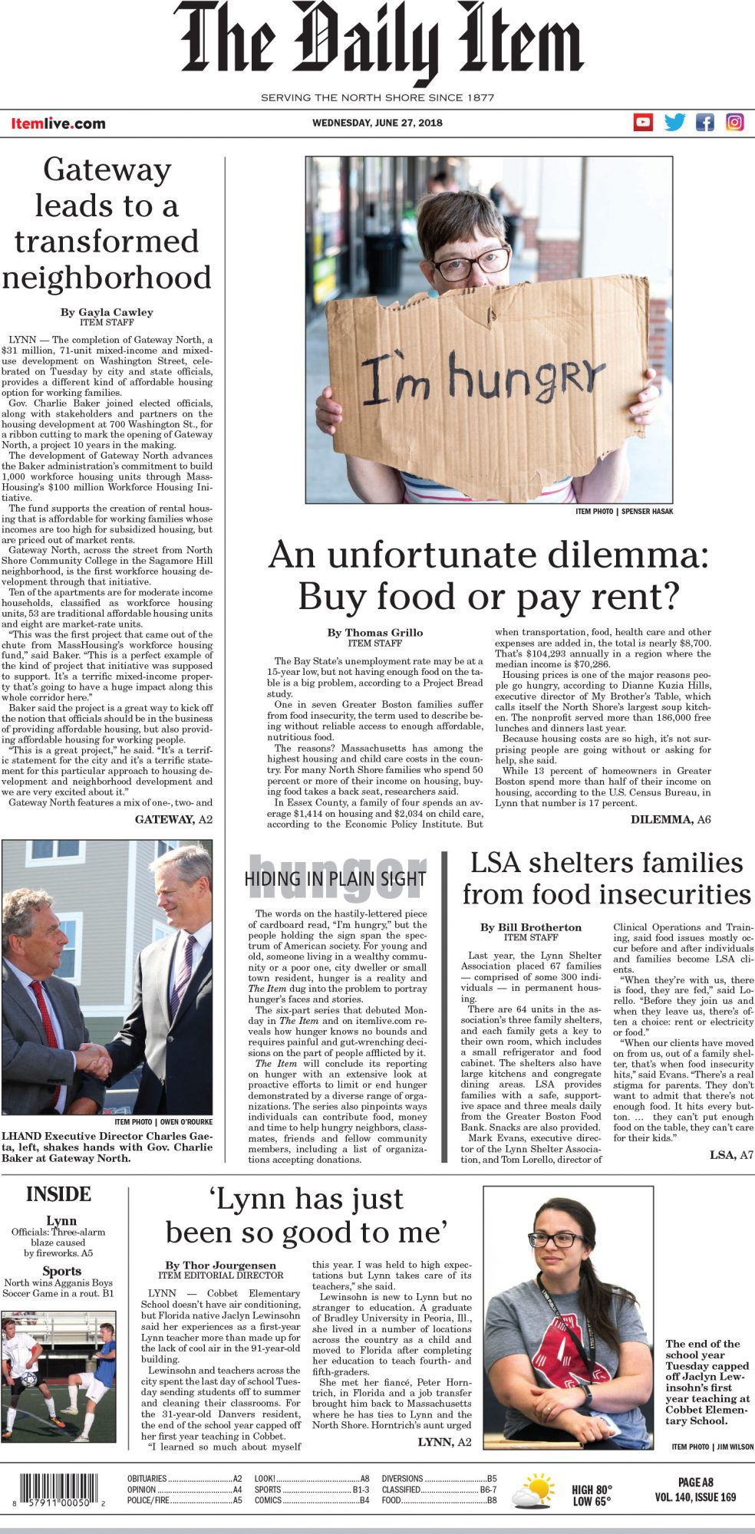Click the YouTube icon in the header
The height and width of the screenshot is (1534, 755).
[643, 122]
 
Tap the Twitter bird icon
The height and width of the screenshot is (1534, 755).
[674, 122]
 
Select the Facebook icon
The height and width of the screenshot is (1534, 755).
[704, 122]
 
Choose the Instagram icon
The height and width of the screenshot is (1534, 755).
[734, 122]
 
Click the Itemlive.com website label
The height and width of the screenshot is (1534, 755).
[58, 123]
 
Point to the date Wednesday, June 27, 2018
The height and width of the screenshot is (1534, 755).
[377, 123]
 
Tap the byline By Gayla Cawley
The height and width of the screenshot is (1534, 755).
[107, 312]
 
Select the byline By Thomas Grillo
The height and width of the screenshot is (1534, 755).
[374, 633]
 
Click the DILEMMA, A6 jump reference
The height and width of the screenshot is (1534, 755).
[670, 819]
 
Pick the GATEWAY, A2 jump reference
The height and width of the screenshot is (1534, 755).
[173, 819]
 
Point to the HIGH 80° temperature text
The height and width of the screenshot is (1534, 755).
[592, 1490]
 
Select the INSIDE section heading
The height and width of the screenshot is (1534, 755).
[58, 1194]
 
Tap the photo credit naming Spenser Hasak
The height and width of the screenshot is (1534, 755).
[624, 511]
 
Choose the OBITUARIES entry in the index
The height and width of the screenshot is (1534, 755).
[147, 1478]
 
